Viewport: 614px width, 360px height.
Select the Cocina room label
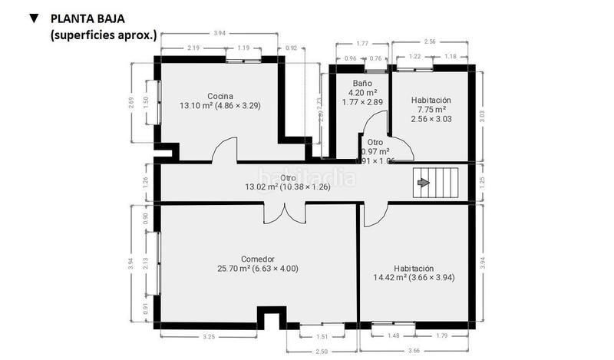[x=220, y=96]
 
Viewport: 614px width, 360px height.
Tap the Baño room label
[x=362, y=82]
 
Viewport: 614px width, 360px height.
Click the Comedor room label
[x=257, y=259]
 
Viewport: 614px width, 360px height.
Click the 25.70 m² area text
[x=257, y=269]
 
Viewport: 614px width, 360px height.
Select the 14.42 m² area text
[x=414, y=277]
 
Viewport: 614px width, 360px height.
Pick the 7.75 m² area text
[x=430, y=111]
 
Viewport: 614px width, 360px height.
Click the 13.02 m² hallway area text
[x=287, y=186]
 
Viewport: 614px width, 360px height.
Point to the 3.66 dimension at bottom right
[x=414, y=350]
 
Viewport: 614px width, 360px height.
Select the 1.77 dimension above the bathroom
[x=362, y=44]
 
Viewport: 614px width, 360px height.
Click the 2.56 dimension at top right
[x=429, y=41]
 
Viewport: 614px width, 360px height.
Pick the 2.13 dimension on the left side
[x=146, y=263]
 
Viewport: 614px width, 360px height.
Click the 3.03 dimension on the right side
[x=481, y=115]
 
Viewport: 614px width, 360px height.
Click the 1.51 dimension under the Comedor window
[x=322, y=335]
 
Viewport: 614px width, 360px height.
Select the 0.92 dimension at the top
[x=291, y=48]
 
